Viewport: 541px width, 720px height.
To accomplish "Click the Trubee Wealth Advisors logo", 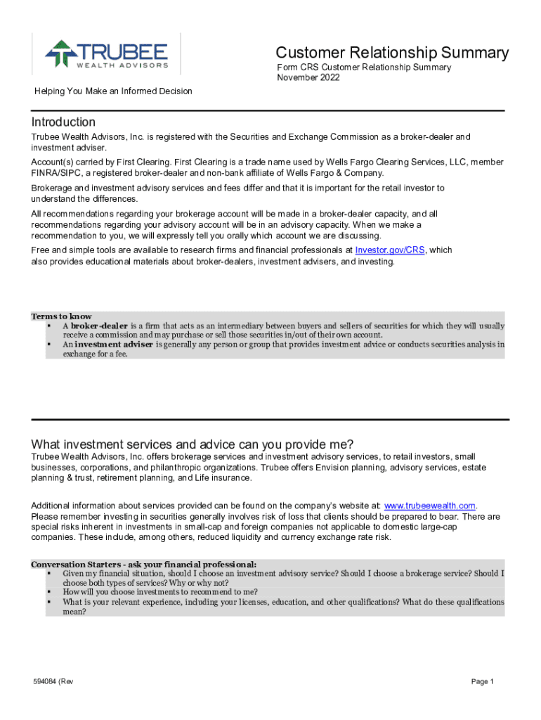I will pyautogui.click(x=107, y=55).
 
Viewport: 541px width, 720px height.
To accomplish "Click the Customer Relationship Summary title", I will pyautogui.click(x=392, y=53).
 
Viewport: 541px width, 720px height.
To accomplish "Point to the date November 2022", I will pyautogui.click(x=308, y=77).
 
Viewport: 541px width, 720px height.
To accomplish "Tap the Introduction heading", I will pyautogui.click(x=63, y=122).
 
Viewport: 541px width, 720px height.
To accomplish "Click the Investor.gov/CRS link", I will pyautogui.click(x=390, y=250).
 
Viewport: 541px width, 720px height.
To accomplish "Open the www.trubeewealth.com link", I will pyautogui.click(x=430, y=506).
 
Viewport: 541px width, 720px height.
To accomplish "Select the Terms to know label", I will pyautogui.click(x=61, y=316).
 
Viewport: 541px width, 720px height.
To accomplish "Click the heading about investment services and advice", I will pyautogui.click(x=193, y=444).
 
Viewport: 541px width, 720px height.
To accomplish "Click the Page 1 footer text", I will pyautogui.click(x=483, y=681).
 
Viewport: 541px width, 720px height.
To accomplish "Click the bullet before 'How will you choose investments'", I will pyautogui.click(x=49, y=592).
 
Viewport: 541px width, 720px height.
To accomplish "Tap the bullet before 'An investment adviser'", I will pyautogui.click(x=49, y=345).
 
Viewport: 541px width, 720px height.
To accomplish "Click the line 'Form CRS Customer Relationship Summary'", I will pyautogui.click(x=364, y=67).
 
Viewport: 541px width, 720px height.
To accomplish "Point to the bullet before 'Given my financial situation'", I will pyautogui.click(x=49, y=574).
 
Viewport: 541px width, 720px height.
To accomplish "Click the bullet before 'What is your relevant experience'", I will pyautogui.click(x=49, y=602).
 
